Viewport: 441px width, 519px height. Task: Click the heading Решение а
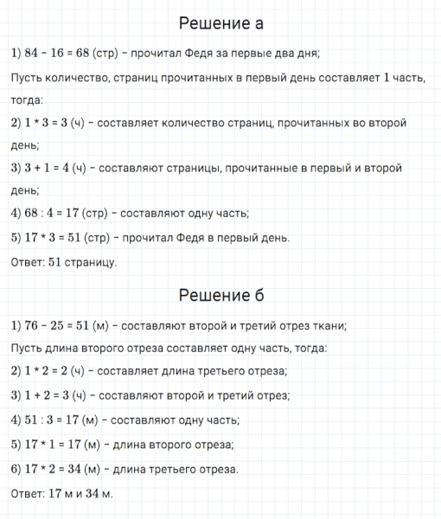pos(220,22)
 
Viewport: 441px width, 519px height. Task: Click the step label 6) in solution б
pos(18,469)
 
